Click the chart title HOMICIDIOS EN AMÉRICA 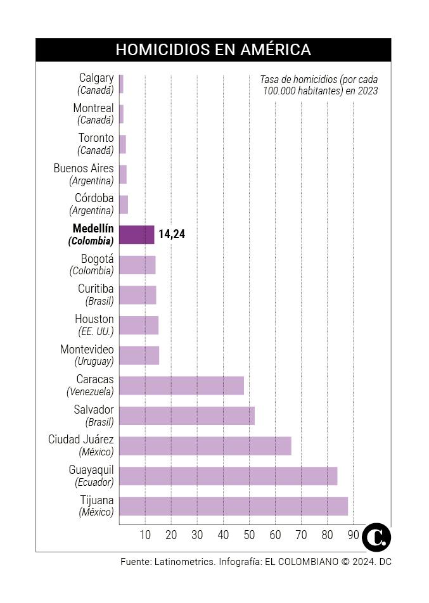[x=213, y=50]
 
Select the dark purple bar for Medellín [x=137, y=234]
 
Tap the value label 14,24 [x=172, y=234]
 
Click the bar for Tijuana [x=233, y=506]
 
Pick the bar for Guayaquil [x=227, y=476]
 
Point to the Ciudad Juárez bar [x=205, y=446]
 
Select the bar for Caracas [x=181, y=385]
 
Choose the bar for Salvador [x=186, y=416]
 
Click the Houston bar [x=139, y=325]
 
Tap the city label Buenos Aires [x=84, y=168]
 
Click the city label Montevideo [x=87, y=350]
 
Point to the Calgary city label [x=96, y=78]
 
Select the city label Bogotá [x=97, y=259]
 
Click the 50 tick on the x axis [x=249, y=535]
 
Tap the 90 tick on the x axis [x=352, y=535]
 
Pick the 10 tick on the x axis [x=145, y=535]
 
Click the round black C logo [x=376, y=537]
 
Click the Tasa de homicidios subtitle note [x=319, y=85]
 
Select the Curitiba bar [x=138, y=295]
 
